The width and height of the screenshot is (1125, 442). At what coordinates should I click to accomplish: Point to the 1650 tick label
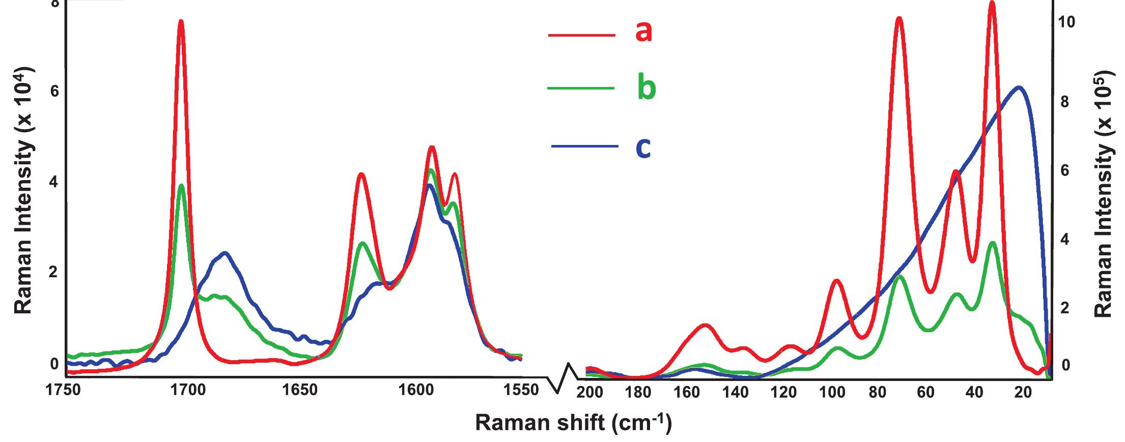point(298,391)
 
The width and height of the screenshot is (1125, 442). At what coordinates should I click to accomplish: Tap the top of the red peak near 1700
point(181,21)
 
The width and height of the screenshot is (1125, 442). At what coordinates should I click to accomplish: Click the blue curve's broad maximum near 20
point(1019,87)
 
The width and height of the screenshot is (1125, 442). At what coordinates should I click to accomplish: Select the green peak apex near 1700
point(181,185)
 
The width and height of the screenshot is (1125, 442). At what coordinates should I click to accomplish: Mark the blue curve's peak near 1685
point(224,253)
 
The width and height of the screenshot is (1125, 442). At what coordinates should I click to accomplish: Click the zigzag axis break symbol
point(564,378)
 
